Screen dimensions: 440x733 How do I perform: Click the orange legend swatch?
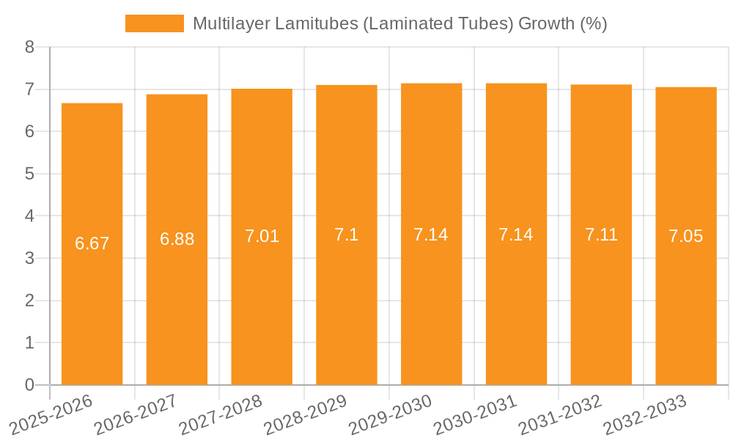click(155, 23)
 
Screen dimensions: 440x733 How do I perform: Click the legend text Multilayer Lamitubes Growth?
click(399, 23)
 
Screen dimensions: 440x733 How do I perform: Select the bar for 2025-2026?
click(92, 244)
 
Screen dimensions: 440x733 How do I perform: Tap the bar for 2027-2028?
click(262, 237)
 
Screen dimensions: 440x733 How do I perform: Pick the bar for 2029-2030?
click(431, 234)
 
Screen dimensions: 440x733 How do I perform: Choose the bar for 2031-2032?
click(601, 235)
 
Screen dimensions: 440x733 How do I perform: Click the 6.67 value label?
click(92, 243)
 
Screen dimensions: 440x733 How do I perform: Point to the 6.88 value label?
click(177, 239)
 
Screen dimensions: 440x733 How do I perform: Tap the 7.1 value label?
click(347, 235)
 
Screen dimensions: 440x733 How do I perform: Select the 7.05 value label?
click(686, 236)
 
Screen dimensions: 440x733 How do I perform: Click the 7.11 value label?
click(601, 235)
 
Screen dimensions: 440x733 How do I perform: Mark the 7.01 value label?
click(262, 236)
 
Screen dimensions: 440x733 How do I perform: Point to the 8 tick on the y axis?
click(29, 48)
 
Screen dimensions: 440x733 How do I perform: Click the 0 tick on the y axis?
click(29, 385)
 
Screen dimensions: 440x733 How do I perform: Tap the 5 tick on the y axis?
click(29, 175)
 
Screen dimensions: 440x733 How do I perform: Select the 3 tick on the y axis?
click(29, 259)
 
